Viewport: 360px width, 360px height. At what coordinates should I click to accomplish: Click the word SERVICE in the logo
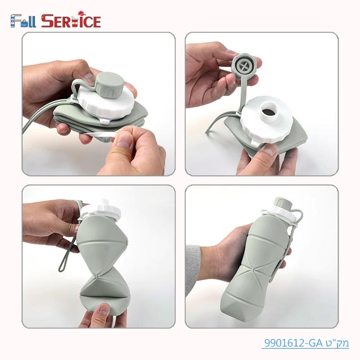coord(71,21)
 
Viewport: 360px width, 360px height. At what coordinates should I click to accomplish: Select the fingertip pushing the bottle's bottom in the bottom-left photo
coord(103,310)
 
